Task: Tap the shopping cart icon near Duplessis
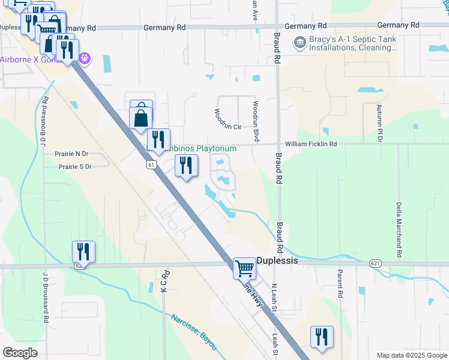click(244, 268)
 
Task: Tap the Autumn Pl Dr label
click(379, 123)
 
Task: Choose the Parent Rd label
click(340, 284)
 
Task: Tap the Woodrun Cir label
click(228, 127)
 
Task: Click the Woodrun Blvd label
click(256, 121)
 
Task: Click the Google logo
click(19, 353)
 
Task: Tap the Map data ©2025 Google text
click(411, 355)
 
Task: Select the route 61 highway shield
click(151, 164)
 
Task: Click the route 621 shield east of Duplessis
click(375, 263)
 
